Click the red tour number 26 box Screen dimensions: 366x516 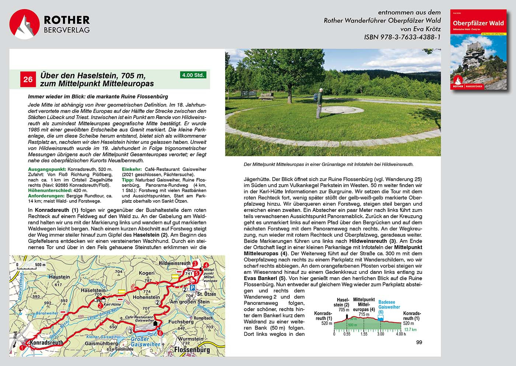(28, 79)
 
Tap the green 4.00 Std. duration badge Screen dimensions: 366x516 (193, 75)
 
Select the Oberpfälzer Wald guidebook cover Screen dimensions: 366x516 (478, 50)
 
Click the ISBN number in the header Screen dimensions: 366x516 (402, 37)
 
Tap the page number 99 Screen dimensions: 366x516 (419, 342)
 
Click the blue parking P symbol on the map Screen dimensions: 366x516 (192, 287)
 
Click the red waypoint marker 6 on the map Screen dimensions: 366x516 (160, 333)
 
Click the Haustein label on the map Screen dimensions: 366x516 (59, 277)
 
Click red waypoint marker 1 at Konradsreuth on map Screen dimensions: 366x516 (22, 347)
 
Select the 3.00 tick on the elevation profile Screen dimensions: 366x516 (380, 334)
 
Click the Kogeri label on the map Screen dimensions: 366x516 (147, 273)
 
